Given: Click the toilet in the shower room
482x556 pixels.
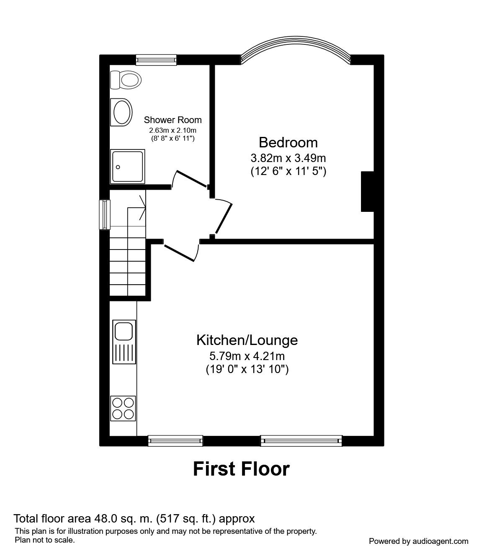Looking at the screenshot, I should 125,80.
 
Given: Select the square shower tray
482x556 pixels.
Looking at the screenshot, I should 127,166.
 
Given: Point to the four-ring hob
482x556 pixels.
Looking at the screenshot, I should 123,408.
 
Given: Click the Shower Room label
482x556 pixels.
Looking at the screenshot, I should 173,120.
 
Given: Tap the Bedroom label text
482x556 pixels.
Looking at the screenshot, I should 288,142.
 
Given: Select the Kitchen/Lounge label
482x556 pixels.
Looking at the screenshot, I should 247,340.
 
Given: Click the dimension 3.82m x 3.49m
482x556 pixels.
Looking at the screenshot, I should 288,158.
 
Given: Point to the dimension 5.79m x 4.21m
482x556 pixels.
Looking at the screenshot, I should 247,356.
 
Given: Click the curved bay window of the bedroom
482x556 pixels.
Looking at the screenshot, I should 296,49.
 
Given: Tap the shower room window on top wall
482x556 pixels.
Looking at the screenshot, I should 156,60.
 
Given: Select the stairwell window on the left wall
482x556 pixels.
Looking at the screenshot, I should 104,214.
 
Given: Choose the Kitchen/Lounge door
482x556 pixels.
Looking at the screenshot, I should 180,252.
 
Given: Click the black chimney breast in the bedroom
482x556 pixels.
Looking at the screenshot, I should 367,191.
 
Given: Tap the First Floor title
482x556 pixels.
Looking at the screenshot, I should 241,469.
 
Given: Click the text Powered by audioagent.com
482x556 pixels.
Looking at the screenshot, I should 418,541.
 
